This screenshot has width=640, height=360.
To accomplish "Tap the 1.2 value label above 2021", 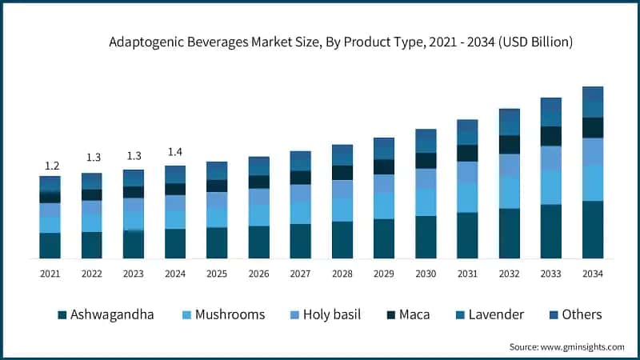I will pyautogui.click(x=50, y=166).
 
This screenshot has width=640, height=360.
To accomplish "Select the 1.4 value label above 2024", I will pyautogui.click(x=175, y=152).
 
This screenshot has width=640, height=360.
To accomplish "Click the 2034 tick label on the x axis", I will pyautogui.click(x=592, y=274).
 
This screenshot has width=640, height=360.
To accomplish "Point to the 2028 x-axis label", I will pyautogui.click(x=342, y=274).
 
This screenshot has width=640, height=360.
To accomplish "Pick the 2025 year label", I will pyautogui.click(x=217, y=274).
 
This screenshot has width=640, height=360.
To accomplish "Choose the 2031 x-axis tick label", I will pyautogui.click(x=467, y=274).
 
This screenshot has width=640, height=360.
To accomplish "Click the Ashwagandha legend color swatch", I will pyautogui.click(x=62, y=314).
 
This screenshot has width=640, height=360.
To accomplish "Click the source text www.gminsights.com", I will pyautogui.click(x=566, y=346).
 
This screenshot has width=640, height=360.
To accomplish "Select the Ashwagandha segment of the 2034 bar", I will pyautogui.click(x=592, y=230).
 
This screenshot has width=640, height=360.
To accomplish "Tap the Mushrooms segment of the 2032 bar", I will pyautogui.click(x=509, y=192).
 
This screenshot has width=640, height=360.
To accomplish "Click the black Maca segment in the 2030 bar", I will pyautogui.click(x=426, y=161).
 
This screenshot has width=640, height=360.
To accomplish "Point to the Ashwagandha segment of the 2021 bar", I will pyautogui.click(x=50, y=246).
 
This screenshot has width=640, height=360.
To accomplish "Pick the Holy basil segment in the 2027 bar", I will pyautogui.click(x=300, y=194).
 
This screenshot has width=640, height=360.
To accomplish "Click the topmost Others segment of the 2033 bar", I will pyautogui.click(x=550, y=104).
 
